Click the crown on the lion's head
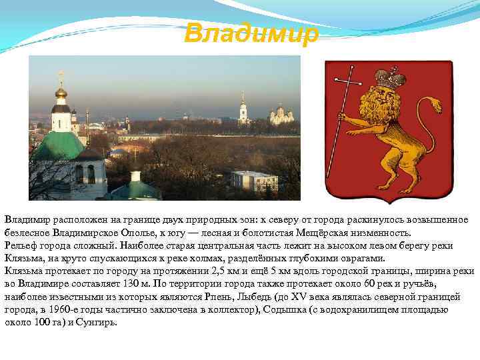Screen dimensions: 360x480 (390, 79)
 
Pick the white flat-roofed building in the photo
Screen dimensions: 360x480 (254, 179)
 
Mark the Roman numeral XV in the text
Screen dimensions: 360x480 (300, 297)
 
